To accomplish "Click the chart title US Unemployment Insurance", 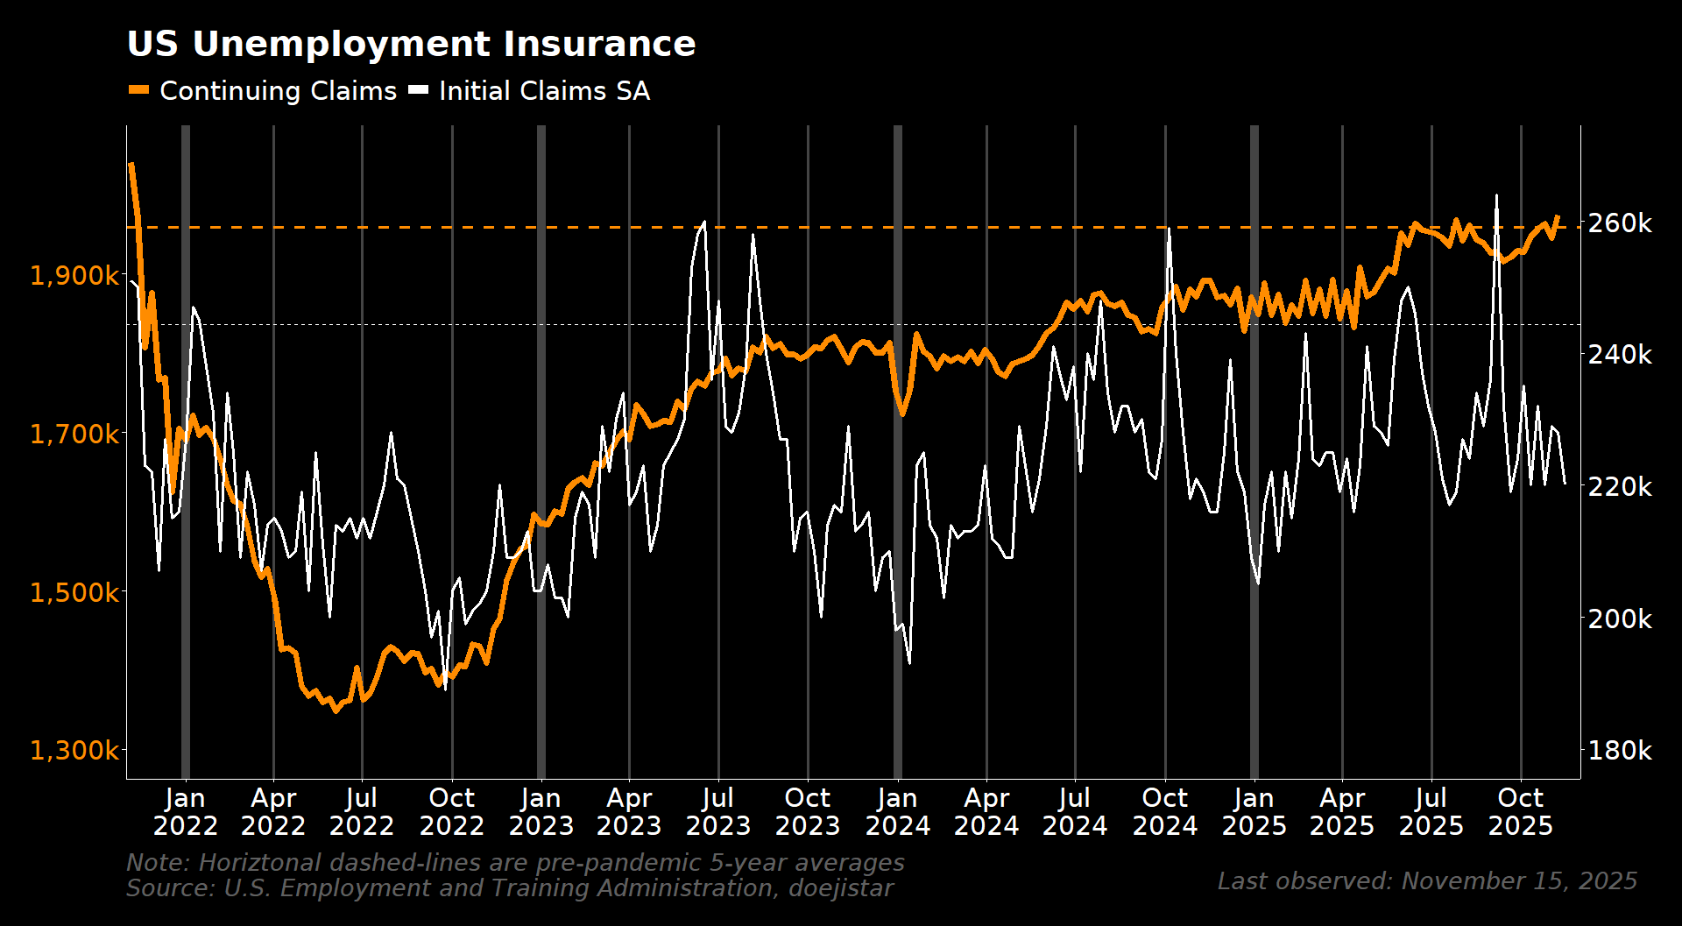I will coord(411,44).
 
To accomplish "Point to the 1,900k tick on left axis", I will coord(75,276).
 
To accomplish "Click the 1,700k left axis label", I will coord(75,434).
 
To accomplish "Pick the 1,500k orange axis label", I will coord(75,592).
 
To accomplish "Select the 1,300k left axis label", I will coord(75,751).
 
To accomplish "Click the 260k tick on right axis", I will coord(1620,223).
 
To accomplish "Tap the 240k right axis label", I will coord(1620,355).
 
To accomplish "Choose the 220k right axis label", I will coord(1620,487).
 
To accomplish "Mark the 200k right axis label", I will coord(1620,619).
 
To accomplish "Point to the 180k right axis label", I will coord(1620,751).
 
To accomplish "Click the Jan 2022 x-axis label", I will coord(185,812).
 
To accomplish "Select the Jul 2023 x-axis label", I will coord(718,812).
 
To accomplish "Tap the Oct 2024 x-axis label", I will coord(1164,812).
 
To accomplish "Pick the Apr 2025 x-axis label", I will coord(1342,812).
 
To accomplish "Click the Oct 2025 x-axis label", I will coord(1520,812).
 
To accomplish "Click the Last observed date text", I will coord(1427,881).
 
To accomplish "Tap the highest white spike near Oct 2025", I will coord(1496,196).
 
